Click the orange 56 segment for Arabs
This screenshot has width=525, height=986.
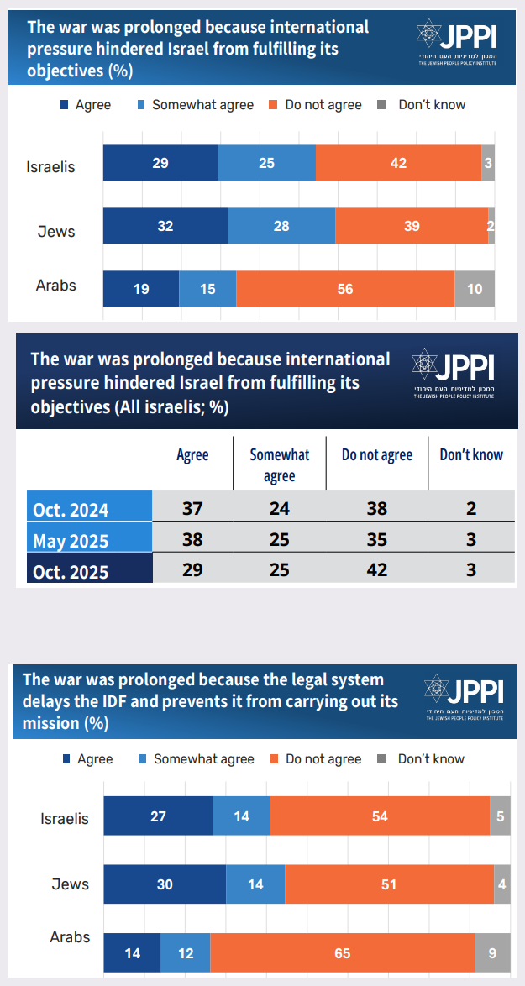click(x=345, y=289)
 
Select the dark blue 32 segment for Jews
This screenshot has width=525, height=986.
click(x=165, y=226)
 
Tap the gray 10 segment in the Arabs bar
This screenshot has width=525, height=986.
click(x=475, y=289)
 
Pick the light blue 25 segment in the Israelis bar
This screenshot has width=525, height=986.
click(x=266, y=163)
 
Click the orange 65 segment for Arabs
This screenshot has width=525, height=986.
click(x=342, y=953)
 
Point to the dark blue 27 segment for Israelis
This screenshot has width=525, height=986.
click(x=158, y=816)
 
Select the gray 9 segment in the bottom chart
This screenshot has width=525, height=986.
click(x=492, y=953)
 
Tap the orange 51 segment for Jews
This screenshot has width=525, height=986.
click(x=389, y=884)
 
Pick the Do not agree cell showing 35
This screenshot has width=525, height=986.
click(x=377, y=538)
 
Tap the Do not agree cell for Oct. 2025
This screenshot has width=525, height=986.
click(x=377, y=569)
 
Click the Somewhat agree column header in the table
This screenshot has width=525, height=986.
click(x=280, y=464)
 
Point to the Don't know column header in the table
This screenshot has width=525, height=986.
click(x=471, y=455)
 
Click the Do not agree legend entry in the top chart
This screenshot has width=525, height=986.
click(x=315, y=105)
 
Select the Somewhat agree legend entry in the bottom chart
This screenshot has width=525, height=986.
click(x=195, y=758)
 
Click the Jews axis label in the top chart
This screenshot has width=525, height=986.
click(x=56, y=231)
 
